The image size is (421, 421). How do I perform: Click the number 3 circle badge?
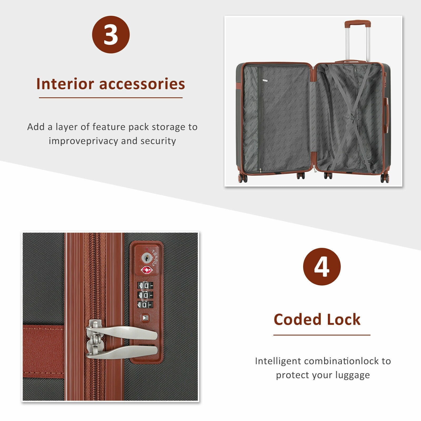[x=111, y=34]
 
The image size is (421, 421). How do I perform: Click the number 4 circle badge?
[x=322, y=267]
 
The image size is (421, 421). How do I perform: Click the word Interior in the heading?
[x=65, y=84]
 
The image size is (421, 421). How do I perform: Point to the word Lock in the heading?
[x=344, y=319]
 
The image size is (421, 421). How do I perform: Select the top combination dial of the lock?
[x=145, y=285]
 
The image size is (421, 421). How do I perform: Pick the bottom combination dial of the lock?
[x=145, y=305]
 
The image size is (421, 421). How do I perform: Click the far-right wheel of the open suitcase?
[x=384, y=178]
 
